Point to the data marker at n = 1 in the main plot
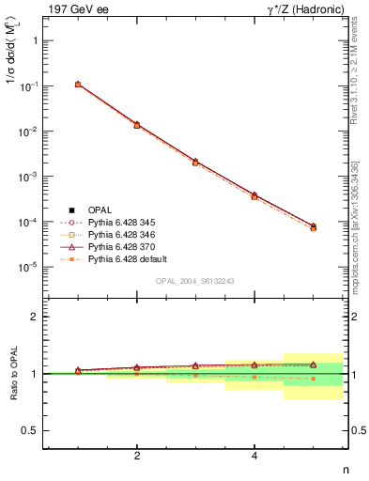pyautogui.click(x=78, y=85)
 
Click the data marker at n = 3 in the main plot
pyautogui.click(x=195, y=162)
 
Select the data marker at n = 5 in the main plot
pyautogui.click(x=314, y=227)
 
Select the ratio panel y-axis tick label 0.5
pyautogui.click(x=30, y=431)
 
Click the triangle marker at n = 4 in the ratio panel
pyautogui.click(x=254, y=365)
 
